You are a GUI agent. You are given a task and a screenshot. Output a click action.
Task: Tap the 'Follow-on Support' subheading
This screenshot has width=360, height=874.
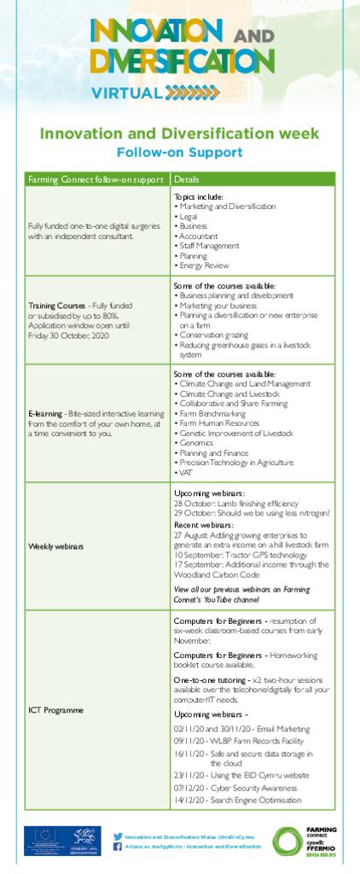pos(180,153)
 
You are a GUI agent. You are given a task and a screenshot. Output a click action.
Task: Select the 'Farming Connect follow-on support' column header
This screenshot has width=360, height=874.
pos(96,179)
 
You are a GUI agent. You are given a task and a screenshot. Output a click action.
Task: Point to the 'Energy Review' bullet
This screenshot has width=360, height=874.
pos(203,265)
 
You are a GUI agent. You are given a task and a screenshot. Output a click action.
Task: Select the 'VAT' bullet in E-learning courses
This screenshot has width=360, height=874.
pos(186,472)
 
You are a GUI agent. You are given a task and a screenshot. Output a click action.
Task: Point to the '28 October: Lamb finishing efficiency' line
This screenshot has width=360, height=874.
pos(228,503)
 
